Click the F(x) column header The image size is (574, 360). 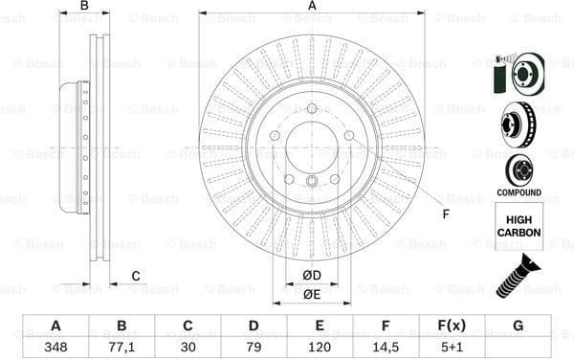(x=452, y=326)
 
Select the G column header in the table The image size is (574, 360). (x=518, y=326)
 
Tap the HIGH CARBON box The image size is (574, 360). (x=519, y=227)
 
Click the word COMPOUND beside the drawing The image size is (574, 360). (x=519, y=192)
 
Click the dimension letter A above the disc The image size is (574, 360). (x=312, y=7)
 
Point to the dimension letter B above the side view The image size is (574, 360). (x=84, y=7)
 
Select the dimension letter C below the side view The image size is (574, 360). (x=136, y=276)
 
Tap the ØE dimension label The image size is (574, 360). (x=311, y=294)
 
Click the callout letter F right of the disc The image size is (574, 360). (x=446, y=213)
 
